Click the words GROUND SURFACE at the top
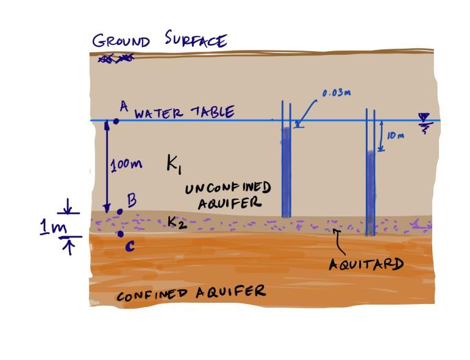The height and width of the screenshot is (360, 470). click(x=160, y=41)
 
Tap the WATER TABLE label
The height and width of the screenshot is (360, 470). click(x=183, y=113)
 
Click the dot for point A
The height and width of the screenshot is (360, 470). click(x=116, y=121)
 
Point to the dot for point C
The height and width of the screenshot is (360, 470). click(x=120, y=234)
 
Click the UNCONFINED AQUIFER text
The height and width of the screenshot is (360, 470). click(x=227, y=195)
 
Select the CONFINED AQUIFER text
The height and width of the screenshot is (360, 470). click(x=191, y=294)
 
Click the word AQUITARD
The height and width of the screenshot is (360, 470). click(x=366, y=264)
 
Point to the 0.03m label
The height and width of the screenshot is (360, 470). click(x=336, y=93)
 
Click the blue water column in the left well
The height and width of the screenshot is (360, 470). click(x=286, y=171)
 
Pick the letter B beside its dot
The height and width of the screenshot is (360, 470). click(x=131, y=200)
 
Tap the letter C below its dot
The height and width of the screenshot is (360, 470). click(x=130, y=246)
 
